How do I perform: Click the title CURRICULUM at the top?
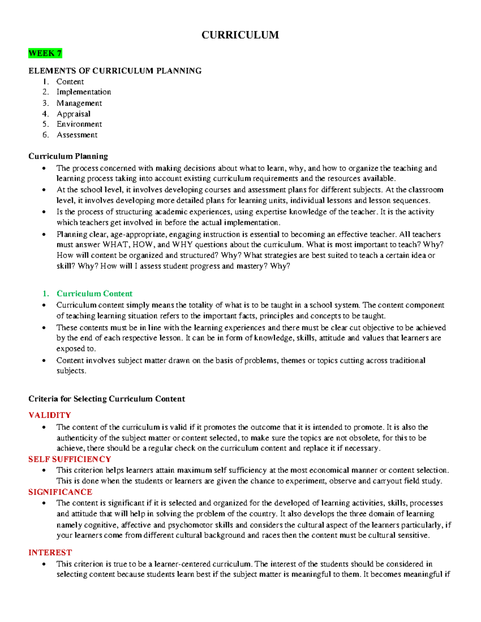240,35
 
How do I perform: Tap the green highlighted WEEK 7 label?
45,53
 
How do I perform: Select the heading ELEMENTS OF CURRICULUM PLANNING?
115,71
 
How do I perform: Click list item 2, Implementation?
83,92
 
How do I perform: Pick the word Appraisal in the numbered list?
73,114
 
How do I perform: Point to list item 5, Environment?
79,124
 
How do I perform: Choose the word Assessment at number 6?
77,135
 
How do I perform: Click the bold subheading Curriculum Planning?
68,156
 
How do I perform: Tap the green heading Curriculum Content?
94,294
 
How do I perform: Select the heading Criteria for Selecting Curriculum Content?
107,399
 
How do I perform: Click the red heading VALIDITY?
49,415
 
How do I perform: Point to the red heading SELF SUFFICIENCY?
69,459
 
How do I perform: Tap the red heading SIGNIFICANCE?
60,492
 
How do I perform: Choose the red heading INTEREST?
50,553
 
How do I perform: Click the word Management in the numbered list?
79,103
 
